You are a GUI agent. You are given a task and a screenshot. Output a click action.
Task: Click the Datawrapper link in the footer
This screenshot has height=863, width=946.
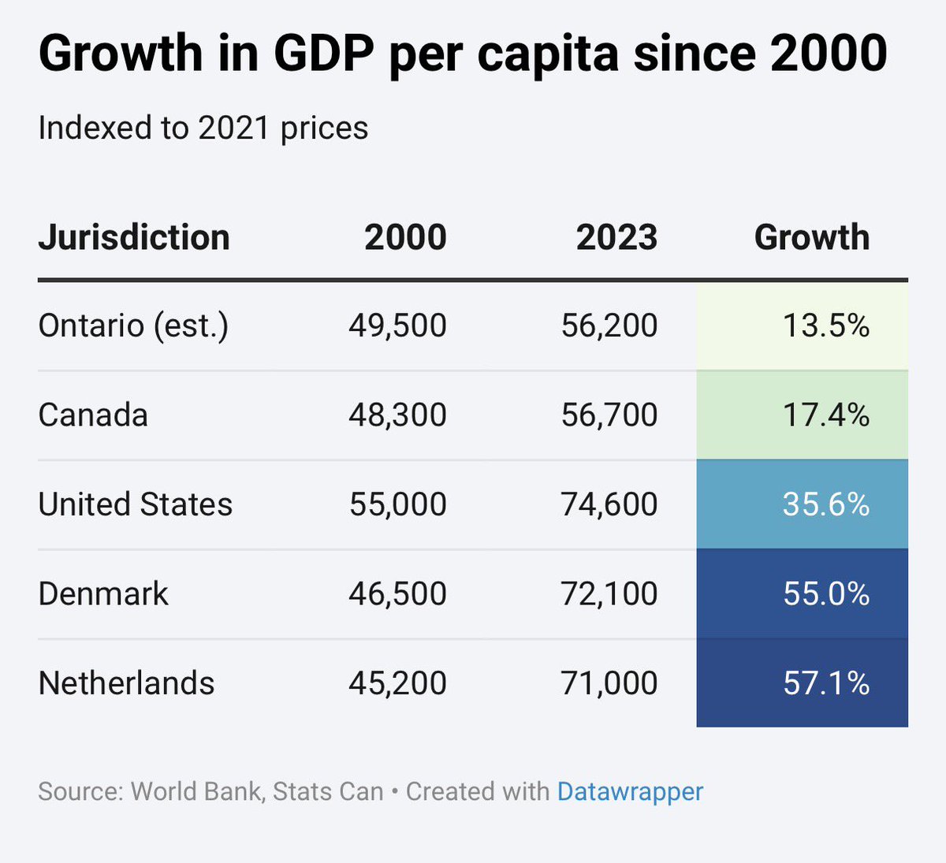pyautogui.click(x=629, y=791)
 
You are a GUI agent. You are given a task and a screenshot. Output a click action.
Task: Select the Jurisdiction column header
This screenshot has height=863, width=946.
pyautogui.click(x=134, y=237)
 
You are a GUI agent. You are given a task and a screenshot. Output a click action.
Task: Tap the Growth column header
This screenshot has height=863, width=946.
pyautogui.click(x=811, y=237)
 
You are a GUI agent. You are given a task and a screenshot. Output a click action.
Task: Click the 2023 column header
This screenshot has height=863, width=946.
pyautogui.click(x=616, y=237)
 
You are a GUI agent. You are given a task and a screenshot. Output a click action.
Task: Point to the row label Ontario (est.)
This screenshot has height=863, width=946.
pyautogui.click(x=133, y=325)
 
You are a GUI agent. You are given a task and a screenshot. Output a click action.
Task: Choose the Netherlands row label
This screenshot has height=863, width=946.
pyautogui.click(x=126, y=683)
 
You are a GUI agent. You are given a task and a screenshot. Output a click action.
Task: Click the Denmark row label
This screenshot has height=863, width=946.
pyautogui.click(x=103, y=593)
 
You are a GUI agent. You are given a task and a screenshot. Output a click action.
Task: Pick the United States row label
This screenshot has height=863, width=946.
pyautogui.click(x=136, y=504)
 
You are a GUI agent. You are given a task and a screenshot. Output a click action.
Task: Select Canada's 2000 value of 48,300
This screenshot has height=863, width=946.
pyautogui.click(x=397, y=415)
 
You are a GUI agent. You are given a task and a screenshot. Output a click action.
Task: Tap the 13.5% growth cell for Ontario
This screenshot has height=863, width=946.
pyautogui.click(x=825, y=325)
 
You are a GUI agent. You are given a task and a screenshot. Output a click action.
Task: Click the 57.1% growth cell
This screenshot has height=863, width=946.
pyautogui.click(x=825, y=683)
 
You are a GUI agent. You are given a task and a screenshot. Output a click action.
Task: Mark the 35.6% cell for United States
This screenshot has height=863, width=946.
pyautogui.click(x=825, y=504)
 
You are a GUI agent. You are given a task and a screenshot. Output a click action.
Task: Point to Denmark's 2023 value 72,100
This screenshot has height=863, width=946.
pyautogui.click(x=609, y=593)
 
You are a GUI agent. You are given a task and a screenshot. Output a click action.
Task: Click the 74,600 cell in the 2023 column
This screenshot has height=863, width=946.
pyautogui.click(x=609, y=504)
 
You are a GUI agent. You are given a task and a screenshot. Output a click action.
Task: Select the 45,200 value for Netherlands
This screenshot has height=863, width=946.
pyautogui.click(x=397, y=683)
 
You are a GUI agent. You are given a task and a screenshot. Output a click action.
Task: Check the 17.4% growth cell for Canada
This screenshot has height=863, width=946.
pyautogui.click(x=825, y=415)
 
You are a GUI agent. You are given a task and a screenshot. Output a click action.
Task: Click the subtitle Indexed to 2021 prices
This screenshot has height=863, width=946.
pyautogui.click(x=203, y=128)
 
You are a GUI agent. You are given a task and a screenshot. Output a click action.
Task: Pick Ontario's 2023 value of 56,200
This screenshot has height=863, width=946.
pyautogui.click(x=609, y=325)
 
